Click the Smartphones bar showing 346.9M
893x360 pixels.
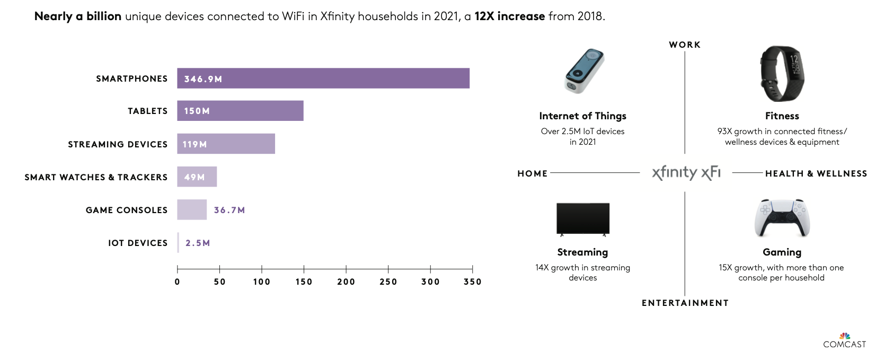[323, 78]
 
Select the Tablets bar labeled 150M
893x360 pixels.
[240, 111]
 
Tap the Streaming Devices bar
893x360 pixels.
[226, 144]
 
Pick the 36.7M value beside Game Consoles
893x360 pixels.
[229, 210]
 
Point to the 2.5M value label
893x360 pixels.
[198, 243]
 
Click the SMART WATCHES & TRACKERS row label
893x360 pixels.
[96, 177]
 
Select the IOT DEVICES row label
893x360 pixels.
[138, 243]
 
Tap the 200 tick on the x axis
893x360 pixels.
[346, 282]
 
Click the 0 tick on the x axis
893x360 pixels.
[178, 282]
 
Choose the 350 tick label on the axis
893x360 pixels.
[472, 282]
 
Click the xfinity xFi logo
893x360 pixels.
[686, 172]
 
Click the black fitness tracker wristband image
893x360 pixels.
[782, 74]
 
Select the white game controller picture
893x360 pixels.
[782, 218]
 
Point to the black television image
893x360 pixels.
[583, 218]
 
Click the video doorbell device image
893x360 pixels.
[584, 72]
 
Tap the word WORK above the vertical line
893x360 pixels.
[685, 45]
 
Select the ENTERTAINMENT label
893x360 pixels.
[685, 303]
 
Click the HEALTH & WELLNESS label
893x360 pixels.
[816, 173]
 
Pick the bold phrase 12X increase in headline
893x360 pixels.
[509, 16]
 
